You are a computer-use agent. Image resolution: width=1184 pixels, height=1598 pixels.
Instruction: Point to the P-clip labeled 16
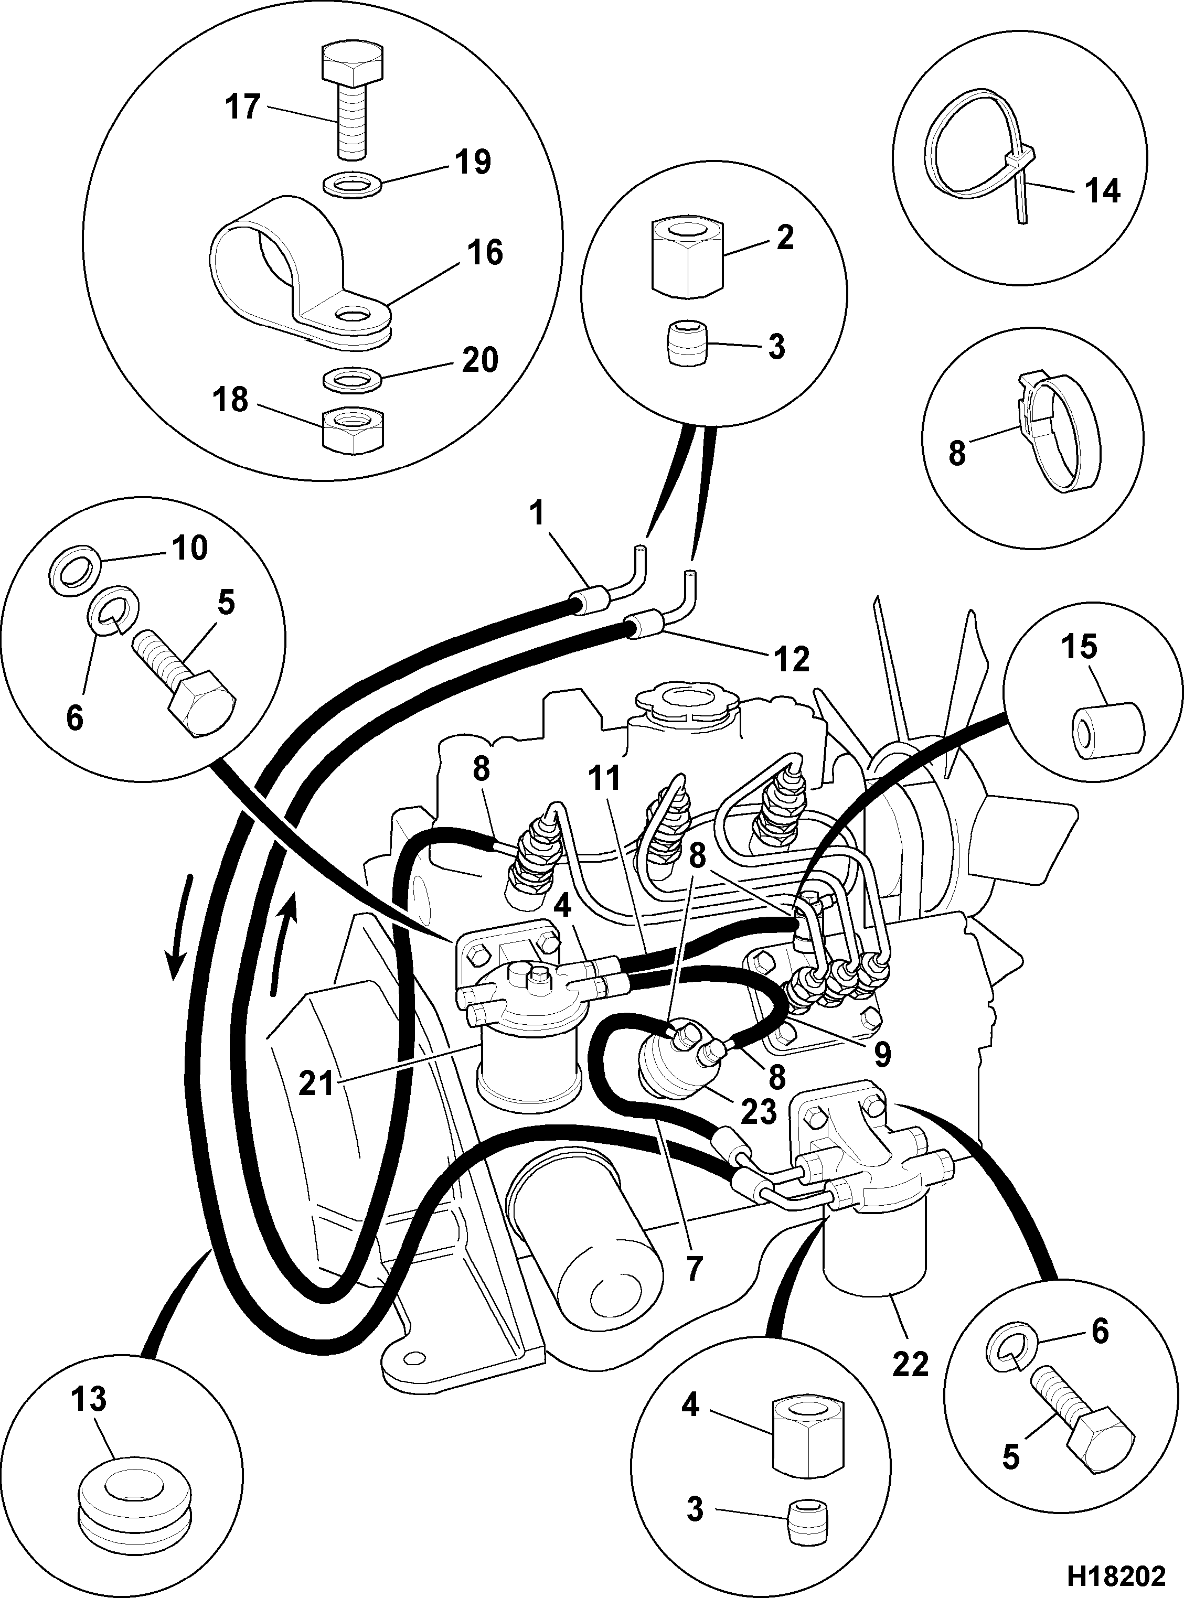click(301, 276)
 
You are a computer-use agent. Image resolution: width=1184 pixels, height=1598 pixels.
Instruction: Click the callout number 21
click(317, 1084)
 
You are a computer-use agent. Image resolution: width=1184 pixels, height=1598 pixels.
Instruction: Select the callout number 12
click(791, 660)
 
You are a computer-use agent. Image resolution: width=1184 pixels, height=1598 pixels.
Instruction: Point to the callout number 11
click(605, 779)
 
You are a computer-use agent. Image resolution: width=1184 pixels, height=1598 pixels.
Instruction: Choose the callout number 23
click(758, 1111)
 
